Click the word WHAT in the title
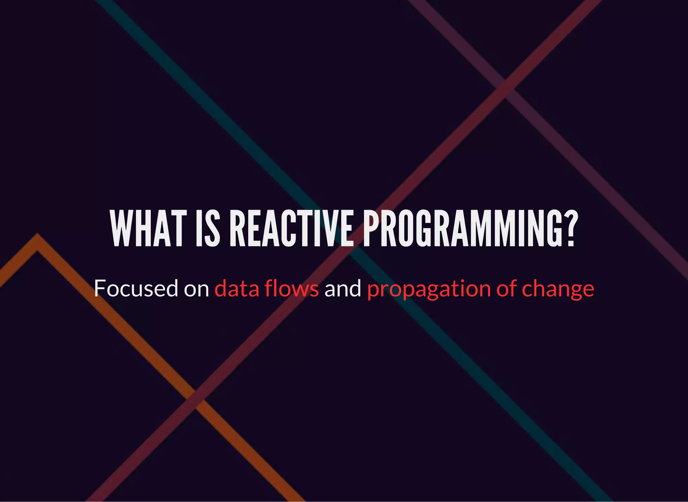[148, 228]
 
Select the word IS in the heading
[208, 228]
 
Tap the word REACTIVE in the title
[291, 228]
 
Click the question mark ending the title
[570, 228]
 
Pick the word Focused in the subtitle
[136, 288]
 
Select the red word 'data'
[237, 288]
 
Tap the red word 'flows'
[292, 288]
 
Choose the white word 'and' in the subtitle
[343, 288]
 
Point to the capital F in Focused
[100, 288]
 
